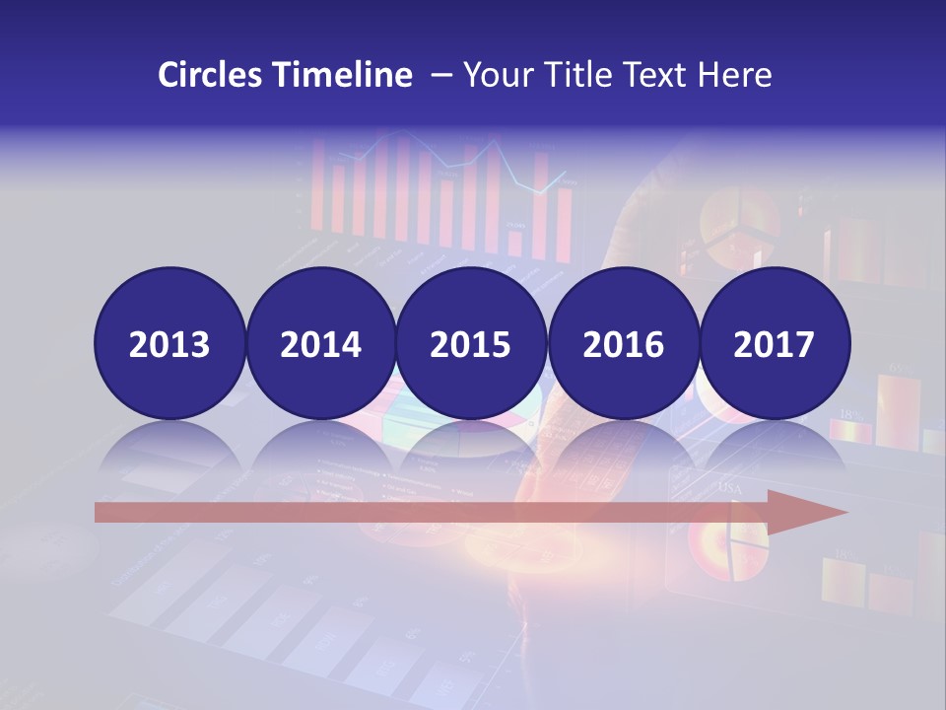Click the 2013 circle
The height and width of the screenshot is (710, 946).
pos(169,344)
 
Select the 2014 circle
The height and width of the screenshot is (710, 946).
pos(320,344)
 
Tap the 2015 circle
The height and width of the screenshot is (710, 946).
pos(471,344)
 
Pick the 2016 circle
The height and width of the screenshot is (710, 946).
pos(623,344)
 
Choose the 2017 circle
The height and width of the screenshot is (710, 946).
pos(774,344)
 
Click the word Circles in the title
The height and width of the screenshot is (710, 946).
pos(211,75)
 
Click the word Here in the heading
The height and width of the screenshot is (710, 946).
pos(734,75)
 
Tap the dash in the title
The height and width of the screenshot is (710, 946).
pos(440,75)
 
